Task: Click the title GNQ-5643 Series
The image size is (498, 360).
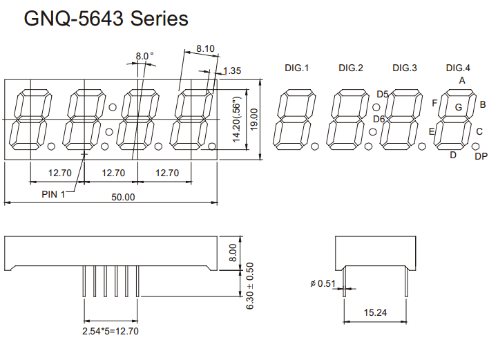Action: [x=106, y=19]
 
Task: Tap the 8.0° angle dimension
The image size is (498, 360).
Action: [x=144, y=56]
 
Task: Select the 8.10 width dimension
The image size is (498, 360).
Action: [x=205, y=49]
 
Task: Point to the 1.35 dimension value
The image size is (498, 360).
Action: [x=232, y=70]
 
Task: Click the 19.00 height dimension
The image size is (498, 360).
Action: [x=254, y=119]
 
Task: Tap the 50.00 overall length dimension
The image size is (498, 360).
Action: [x=124, y=197]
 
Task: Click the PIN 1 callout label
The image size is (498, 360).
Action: [x=52, y=194]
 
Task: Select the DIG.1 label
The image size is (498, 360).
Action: [x=296, y=68]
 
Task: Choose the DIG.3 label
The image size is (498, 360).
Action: [x=405, y=68]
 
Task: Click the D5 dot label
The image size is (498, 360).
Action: [x=382, y=95]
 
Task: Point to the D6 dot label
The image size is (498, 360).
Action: [x=379, y=119]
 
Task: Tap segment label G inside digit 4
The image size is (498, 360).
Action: [x=458, y=107]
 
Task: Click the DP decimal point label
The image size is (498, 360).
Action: [x=481, y=157]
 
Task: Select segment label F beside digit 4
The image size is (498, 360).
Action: [x=434, y=104]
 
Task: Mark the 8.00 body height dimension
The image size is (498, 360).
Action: [x=232, y=252]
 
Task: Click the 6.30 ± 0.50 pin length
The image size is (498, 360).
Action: [x=250, y=285]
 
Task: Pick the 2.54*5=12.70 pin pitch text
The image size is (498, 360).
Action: [x=111, y=331]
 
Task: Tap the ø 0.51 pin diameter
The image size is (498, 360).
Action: [x=323, y=283]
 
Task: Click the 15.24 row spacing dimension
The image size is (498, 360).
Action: [x=375, y=313]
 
